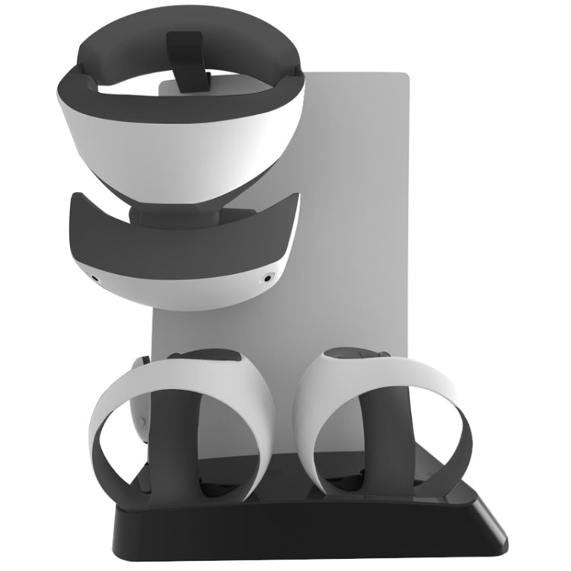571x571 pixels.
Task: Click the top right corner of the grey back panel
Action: tap(407, 77)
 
